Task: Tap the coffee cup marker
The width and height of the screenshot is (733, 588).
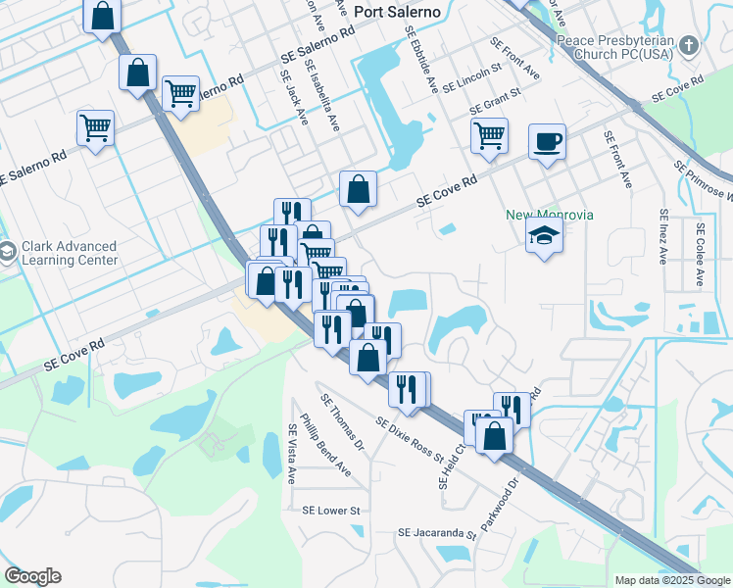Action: pos(547,141)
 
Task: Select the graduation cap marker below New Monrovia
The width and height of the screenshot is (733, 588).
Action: pos(544,236)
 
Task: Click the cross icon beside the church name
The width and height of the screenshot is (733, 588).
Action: pos(689,46)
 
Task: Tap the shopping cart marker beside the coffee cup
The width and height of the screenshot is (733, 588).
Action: pos(489,136)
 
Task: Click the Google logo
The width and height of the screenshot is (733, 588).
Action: pos(32,576)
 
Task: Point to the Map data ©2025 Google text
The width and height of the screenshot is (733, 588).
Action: pos(671,580)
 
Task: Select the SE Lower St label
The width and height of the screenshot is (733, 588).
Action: pos(331,511)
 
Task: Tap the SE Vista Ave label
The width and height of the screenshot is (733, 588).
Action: pos(291,454)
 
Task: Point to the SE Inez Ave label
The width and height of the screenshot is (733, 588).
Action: pos(663,236)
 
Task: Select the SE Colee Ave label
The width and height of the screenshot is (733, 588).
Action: pos(700,254)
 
